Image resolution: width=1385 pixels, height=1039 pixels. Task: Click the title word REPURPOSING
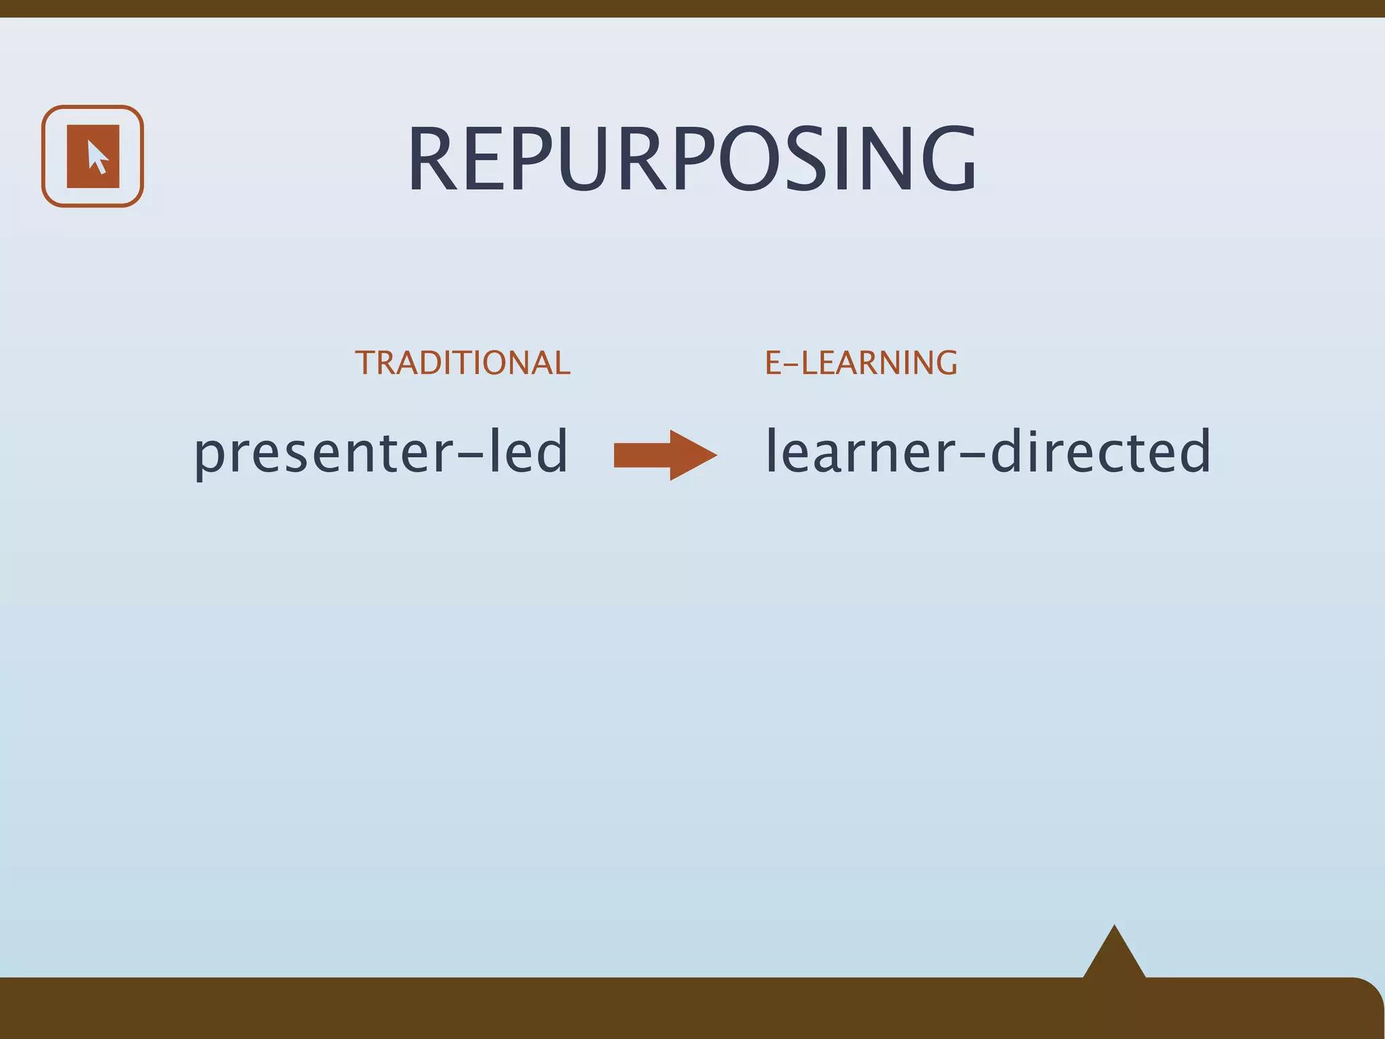click(x=691, y=160)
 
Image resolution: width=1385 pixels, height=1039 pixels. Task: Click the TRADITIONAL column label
click(x=463, y=363)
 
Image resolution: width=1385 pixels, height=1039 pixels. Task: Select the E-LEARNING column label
click(x=861, y=363)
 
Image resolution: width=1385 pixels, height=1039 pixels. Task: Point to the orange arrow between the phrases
click(x=663, y=455)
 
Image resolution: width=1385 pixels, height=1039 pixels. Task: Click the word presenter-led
click(x=381, y=452)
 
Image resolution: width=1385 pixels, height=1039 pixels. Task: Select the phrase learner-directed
click(x=987, y=452)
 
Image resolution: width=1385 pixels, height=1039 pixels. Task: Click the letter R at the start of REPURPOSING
click(x=432, y=160)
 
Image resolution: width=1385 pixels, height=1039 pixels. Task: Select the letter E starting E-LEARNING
click(x=773, y=363)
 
